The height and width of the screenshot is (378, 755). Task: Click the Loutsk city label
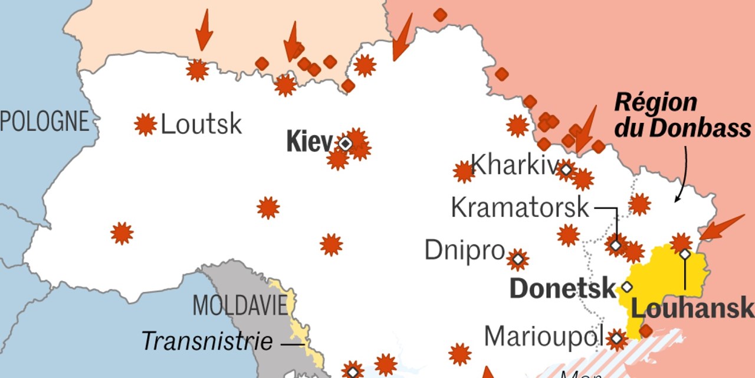[201, 125]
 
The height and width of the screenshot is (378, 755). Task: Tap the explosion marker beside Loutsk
[145, 125]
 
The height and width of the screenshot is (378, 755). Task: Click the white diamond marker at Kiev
[345, 144]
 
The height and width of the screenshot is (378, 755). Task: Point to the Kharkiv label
[513, 165]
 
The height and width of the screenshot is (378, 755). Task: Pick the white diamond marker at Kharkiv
[566, 170]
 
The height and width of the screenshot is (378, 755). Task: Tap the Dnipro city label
[464, 250]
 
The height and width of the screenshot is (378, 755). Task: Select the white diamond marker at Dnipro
[517, 259]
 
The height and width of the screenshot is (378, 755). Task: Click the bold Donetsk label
[562, 289]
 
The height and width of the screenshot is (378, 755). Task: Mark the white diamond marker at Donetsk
[626, 287]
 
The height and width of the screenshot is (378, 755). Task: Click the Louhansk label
[692, 308]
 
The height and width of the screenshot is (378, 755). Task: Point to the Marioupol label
[543, 337]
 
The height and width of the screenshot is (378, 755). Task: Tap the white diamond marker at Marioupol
[616, 339]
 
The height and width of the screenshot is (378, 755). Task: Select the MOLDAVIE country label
[240, 305]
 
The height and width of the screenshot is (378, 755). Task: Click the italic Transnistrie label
[207, 341]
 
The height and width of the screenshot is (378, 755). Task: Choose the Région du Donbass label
[682, 115]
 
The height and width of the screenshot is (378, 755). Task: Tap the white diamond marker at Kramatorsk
[616, 245]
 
